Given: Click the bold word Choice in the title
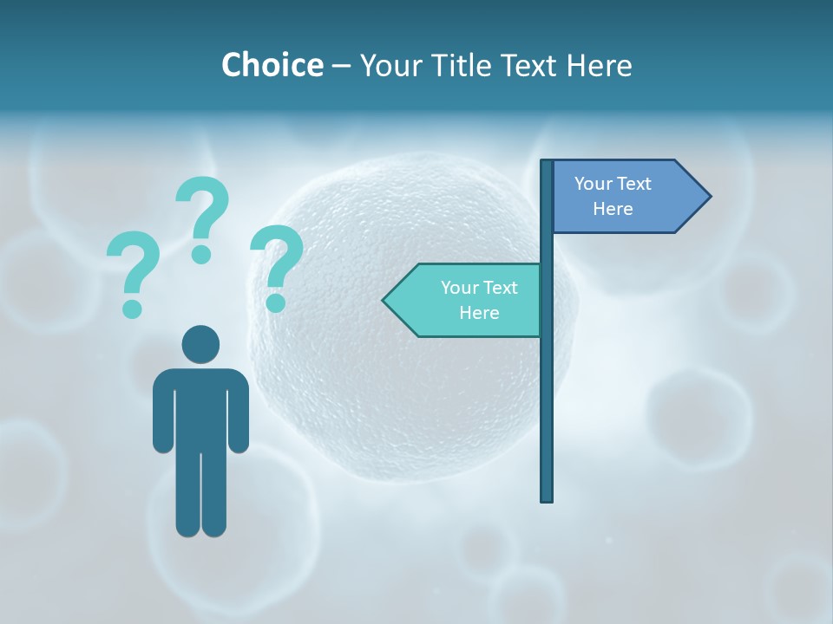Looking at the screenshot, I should [x=272, y=65].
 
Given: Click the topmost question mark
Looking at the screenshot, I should [x=202, y=219].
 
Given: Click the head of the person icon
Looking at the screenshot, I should [x=200, y=344].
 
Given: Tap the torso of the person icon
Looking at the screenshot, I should [x=200, y=407].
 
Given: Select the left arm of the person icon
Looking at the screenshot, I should [x=162, y=412].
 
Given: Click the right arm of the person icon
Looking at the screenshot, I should [x=239, y=412].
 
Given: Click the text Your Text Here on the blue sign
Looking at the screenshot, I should [x=613, y=196].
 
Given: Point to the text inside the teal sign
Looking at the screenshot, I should [x=479, y=300].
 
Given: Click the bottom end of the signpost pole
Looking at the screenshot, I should [x=547, y=497].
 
